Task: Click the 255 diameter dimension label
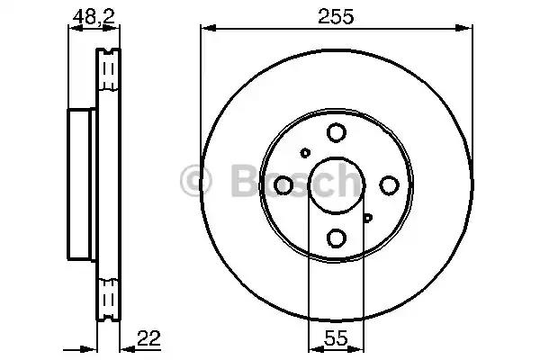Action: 335,15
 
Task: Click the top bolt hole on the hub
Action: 336,133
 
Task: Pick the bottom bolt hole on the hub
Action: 336,238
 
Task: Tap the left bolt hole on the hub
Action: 283,185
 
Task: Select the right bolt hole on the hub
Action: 389,185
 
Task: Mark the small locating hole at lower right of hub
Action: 367,217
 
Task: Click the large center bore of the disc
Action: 336,185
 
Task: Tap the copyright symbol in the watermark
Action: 197,181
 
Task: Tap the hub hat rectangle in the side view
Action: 82,185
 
